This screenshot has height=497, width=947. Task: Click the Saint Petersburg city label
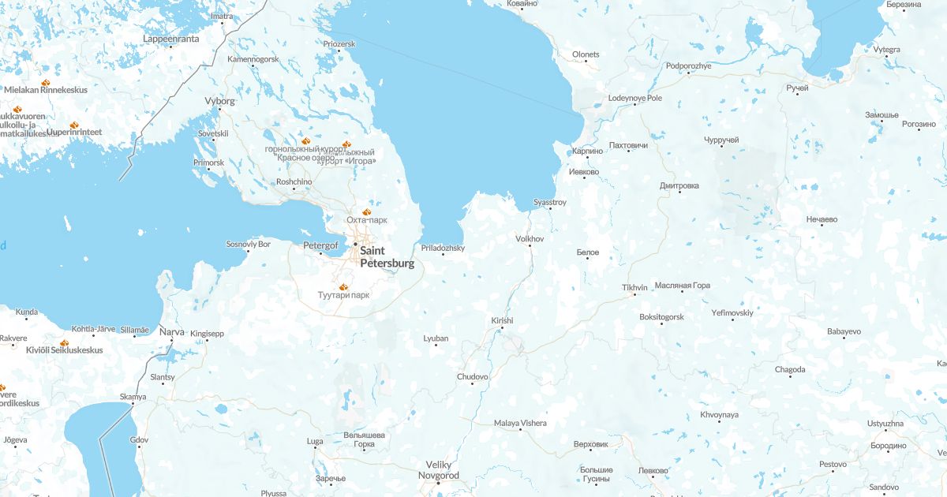coord(387,257)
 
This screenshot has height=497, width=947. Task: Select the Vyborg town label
coord(219,101)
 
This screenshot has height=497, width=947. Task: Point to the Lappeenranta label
coord(171,38)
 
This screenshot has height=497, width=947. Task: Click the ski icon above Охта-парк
coord(366,211)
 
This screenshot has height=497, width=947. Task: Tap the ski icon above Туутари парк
coord(342,286)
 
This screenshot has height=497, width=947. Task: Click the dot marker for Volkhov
coord(530,245)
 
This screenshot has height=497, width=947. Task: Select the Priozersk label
coord(339,43)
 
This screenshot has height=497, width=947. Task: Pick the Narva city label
coord(172,332)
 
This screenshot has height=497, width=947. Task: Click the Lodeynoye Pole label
coord(635,98)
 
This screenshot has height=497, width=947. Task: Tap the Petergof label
coord(320,245)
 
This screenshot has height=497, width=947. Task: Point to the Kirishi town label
coord(502,320)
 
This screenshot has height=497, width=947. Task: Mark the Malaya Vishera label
coord(520,423)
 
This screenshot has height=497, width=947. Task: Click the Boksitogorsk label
coord(661,316)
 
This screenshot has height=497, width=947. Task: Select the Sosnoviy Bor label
coord(248,244)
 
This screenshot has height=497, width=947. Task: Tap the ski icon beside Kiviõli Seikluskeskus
coord(64,343)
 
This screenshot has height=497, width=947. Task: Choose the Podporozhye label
coord(688,65)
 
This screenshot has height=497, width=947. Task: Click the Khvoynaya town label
coord(719,415)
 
